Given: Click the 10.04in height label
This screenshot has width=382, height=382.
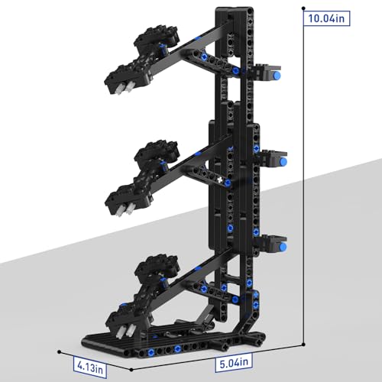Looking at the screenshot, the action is point(326,18).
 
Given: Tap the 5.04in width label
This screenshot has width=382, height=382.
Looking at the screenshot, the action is point(234,362).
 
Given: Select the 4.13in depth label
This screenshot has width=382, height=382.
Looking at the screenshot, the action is point(90,367).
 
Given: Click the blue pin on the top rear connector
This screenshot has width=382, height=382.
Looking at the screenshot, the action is point(277,75).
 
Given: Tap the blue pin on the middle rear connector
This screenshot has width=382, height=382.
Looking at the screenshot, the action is point(283,161).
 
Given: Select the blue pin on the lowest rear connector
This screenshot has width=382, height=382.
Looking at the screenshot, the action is point(283,246).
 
